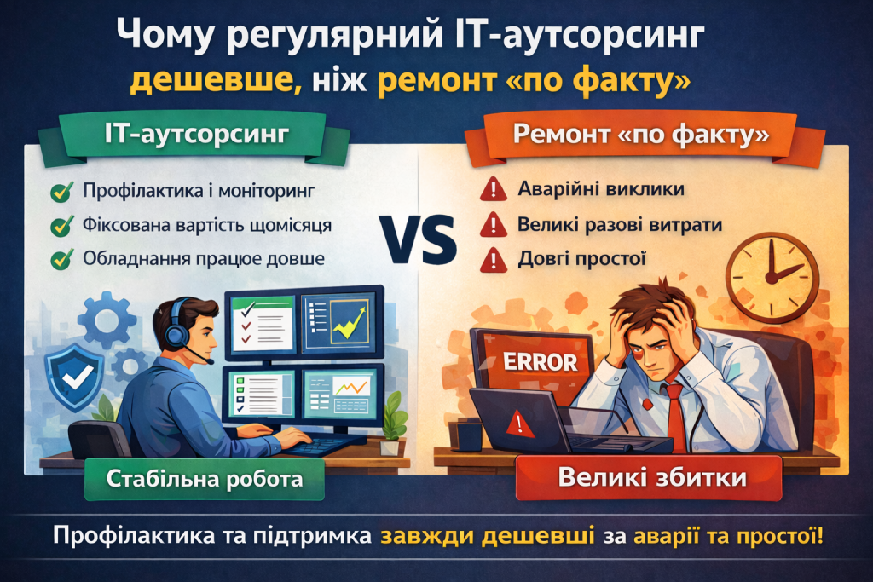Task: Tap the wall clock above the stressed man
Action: (x=772, y=278)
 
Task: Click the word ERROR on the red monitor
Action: (x=540, y=362)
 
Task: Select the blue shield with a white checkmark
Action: (x=74, y=377)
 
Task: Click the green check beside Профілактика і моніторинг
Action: (x=61, y=191)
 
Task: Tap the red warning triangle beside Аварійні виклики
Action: (x=493, y=189)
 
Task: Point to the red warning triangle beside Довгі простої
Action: (x=494, y=260)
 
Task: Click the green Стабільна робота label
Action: (x=205, y=479)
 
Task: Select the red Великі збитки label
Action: (x=649, y=478)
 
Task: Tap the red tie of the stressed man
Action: (x=676, y=418)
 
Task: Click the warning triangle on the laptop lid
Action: (x=519, y=424)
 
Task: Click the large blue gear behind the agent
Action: (x=107, y=320)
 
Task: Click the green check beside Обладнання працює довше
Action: (x=61, y=259)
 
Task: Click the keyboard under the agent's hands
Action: (x=323, y=444)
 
